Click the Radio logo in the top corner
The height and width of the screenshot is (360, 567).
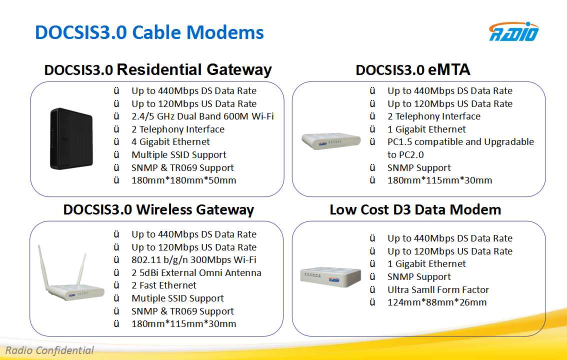pyautogui.click(x=513, y=32)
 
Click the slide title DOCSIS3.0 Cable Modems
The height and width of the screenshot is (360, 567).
pyautogui.click(x=149, y=32)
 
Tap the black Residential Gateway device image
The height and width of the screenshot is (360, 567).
pyautogui.click(x=71, y=138)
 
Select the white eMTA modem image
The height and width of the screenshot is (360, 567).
pyautogui.click(x=331, y=141)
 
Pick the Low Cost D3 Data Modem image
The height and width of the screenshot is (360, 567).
pyautogui.click(x=330, y=277)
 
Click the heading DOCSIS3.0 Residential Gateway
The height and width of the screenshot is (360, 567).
pyautogui.click(x=158, y=70)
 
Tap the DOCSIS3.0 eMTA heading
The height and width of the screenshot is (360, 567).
pyautogui.click(x=413, y=70)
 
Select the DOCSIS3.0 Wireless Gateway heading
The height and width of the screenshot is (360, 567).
pyautogui.click(x=158, y=209)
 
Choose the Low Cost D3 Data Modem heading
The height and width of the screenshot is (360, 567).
pyautogui.click(x=415, y=209)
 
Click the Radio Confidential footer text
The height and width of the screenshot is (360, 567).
pyautogui.click(x=49, y=350)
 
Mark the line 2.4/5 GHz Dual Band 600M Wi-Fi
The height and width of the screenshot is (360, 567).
pyautogui.click(x=202, y=116)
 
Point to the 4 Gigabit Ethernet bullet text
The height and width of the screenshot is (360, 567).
pyautogui.click(x=170, y=142)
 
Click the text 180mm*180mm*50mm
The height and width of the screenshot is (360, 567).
pyautogui.click(x=183, y=180)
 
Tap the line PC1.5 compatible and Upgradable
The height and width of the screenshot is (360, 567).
pyautogui.click(x=460, y=142)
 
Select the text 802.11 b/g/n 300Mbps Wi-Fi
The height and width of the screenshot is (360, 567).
pyautogui.click(x=194, y=260)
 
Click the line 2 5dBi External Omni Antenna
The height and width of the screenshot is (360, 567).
pyautogui.click(x=196, y=273)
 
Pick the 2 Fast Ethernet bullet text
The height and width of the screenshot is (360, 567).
pyautogui.click(x=164, y=285)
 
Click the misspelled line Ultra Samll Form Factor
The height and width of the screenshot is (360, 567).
pyautogui.click(x=438, y=290)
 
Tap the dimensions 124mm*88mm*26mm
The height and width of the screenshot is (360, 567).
pyautogui.click(x=437, y=302)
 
